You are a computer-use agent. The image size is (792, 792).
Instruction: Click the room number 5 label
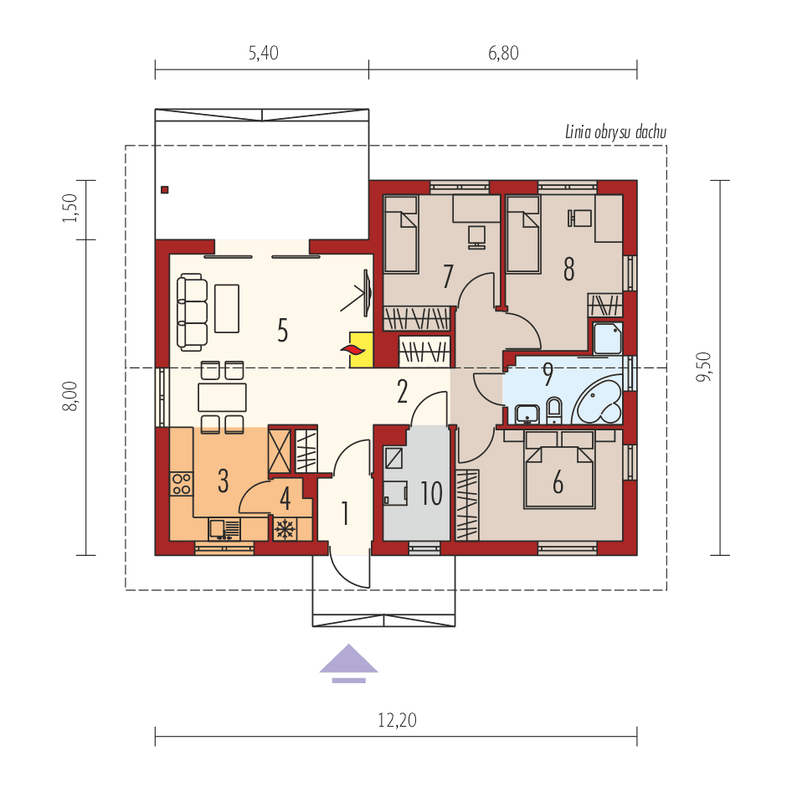click(x=283, y=331)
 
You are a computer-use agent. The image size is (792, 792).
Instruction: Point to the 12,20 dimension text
click(x=397, y=720)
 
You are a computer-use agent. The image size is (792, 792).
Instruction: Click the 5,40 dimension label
click(x=263, y=54)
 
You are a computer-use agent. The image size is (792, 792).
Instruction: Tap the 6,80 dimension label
click(x=503, y=54)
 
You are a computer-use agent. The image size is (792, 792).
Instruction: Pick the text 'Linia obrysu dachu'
click(x=615, y=131)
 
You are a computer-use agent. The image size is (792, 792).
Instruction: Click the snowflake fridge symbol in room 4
click(x=285, y=528)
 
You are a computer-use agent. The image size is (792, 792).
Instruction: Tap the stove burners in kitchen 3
click(x=181, y=483)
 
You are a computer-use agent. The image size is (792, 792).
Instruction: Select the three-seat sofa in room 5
click(x=192, y=311)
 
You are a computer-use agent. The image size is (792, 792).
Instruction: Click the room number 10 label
click(x=431, y=494)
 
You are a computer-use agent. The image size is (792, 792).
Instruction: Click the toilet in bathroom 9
click(x=553, y=410)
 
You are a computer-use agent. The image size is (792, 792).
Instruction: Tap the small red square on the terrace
click(x=165, y=189)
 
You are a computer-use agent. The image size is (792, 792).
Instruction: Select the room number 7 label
click(x=448, y=275)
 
